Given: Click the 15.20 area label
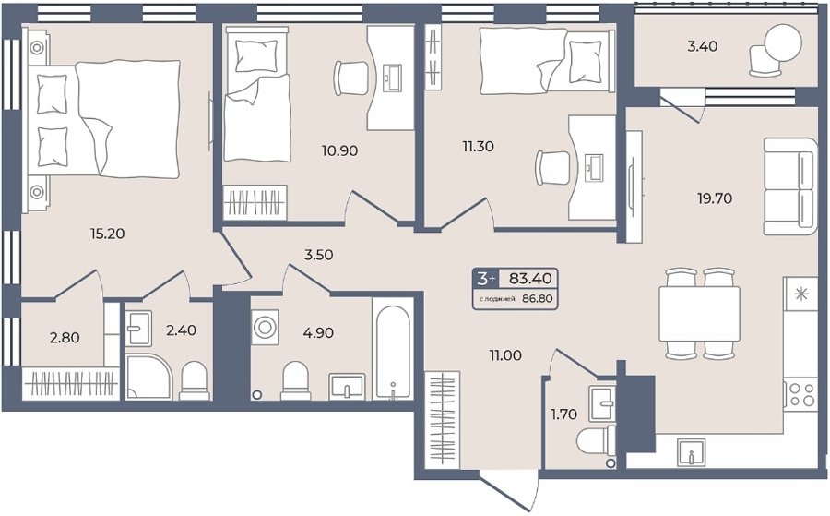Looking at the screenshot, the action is pyautogui.click(x=108, y=234).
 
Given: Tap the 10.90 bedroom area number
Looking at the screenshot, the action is pyautogui.click(x=339, y=151).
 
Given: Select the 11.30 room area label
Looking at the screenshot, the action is pyautogui.click(x=478, y=146).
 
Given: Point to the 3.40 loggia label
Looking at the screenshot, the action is pyautogui.click(x=703, y=47).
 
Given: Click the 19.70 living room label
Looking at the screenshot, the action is pyautogui.click(x=715, y=198).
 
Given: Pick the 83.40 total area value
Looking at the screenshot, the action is pyautogui.click(x=530, y=278).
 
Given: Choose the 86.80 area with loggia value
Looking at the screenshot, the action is pyautogui.click(x=538, y=299).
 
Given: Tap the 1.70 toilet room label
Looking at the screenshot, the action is pyautogui.click(x=563, y=414).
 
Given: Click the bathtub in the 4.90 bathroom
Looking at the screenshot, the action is pyautogui.click(x=392, y=352).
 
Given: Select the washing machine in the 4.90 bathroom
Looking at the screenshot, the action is pyautogui.click(x=265, y=327).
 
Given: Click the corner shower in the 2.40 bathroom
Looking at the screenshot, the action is pyautogui.click(x=148, y=377).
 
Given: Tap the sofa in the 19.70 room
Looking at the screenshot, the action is pyautogui.click(x=790, y=186).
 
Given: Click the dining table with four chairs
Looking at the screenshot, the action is pyautogui.click(x=699, y=314).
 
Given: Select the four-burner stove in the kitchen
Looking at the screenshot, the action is pyautogui.click(x=800, y=393).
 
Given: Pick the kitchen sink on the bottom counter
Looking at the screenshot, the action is pyautogui.click(x=692, y=453).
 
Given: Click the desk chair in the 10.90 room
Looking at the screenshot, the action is pyautogui.click(x=350, y=78).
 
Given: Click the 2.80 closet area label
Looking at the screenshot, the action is pyautogui.click(x=65, y=338).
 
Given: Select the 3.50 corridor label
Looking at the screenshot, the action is pyautogui.click(x=318, y=256).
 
